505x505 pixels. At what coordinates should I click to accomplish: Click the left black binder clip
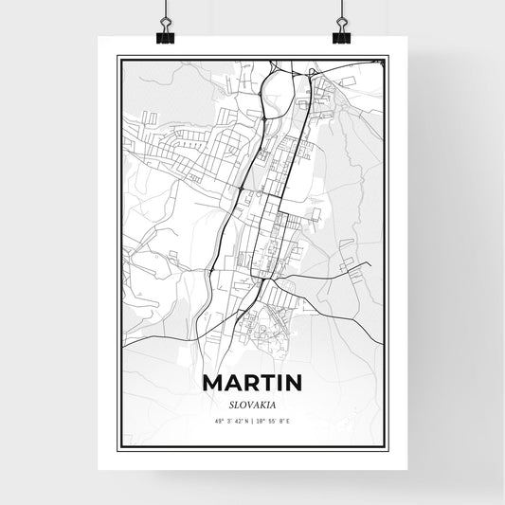tap(166, 35)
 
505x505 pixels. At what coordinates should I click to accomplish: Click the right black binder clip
tap(341, 35)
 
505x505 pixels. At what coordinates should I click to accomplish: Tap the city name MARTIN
tap(252, 384)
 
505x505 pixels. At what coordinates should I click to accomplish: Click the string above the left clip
tap(166, 11)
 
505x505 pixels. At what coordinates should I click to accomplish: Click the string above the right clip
tap(341, 11)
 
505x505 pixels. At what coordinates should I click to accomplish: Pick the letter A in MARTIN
tap(230, 384)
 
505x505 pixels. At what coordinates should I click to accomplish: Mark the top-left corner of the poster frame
tap(117, 56)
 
